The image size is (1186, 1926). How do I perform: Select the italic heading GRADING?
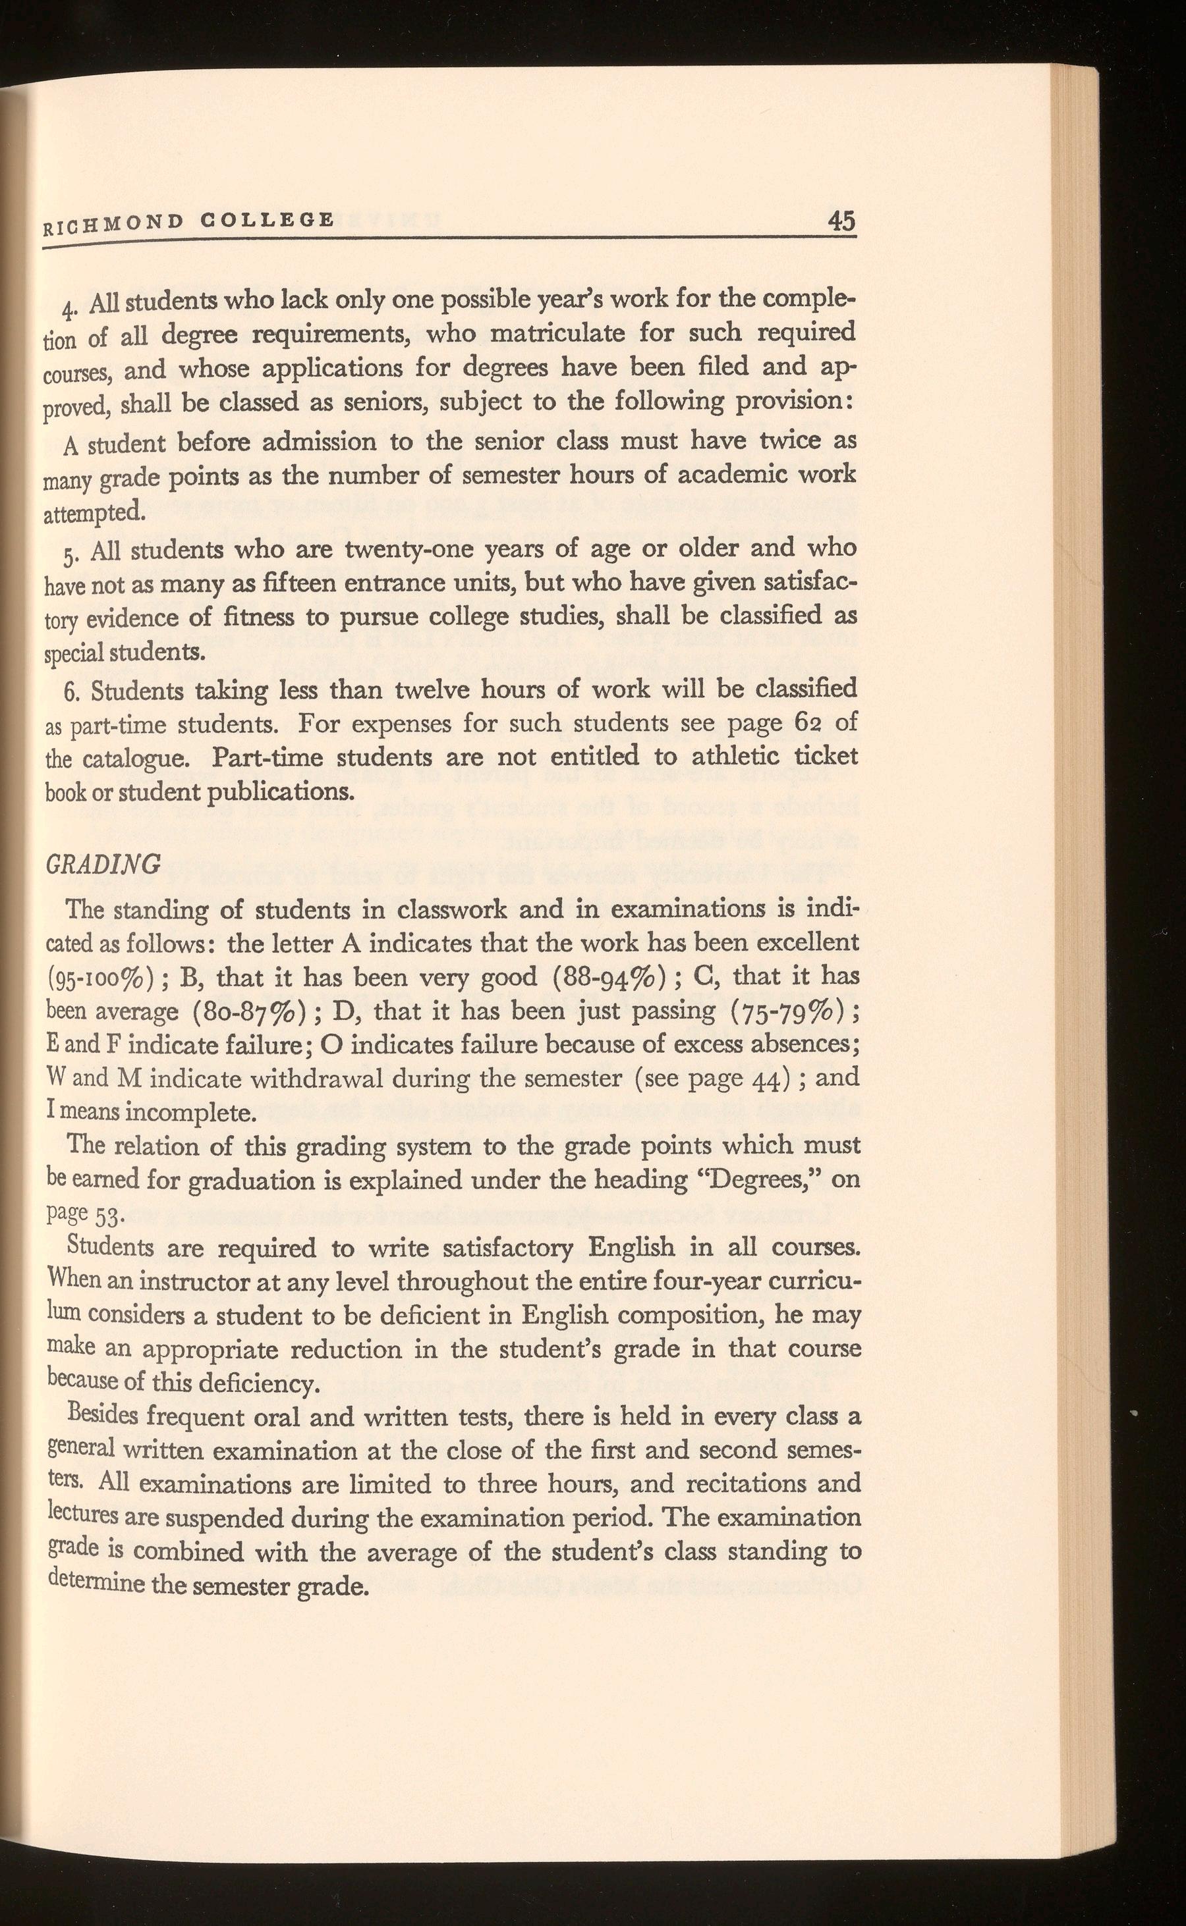point(103,864)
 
